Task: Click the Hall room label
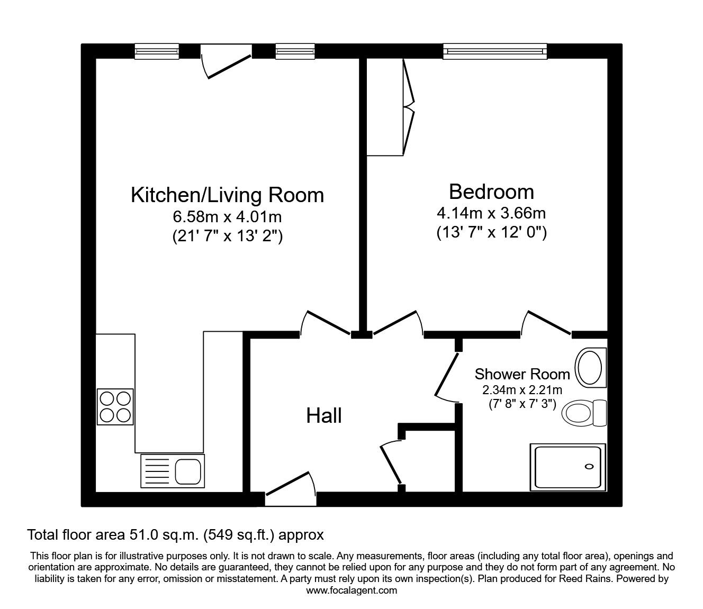coord(324,415)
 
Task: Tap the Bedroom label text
coord(491,192)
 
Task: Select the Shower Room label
coord(522,374)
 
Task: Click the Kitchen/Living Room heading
coord(227,195)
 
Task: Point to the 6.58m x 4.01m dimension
coord(227,216)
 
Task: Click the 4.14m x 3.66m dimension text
coord(491,213)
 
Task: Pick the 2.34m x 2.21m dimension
coord(522,389)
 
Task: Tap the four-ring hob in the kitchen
coord(115,407)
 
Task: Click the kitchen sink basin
coord(188,471)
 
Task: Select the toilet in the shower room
coord(583,413)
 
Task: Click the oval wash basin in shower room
coord(590,368)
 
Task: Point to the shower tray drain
coord(589,467)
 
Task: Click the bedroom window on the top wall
coord(495,51)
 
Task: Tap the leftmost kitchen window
coord(157,51)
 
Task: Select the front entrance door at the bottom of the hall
coord(290,489)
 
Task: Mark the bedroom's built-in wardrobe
coord(391,107)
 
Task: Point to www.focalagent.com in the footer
coord(351,590)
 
